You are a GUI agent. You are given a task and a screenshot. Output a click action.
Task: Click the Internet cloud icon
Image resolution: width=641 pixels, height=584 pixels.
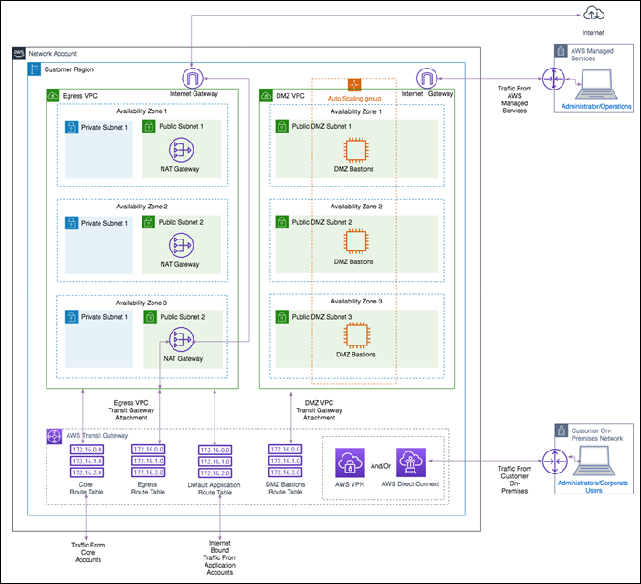(x=594, y=12)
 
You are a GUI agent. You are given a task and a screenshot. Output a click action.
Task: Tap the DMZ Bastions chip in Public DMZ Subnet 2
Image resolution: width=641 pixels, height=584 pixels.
(x=355, y=242)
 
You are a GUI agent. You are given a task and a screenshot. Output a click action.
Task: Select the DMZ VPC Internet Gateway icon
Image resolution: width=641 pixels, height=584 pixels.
(x=427, y=78)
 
